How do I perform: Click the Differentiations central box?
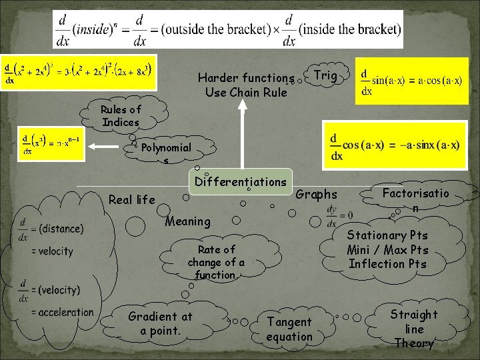(241, 181)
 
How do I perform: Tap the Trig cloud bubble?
(325, 76)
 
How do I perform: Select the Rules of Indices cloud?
(121, 116)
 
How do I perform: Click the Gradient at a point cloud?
(161, 323)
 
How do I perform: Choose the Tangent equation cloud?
(289, 329)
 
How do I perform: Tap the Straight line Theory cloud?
(414, 328)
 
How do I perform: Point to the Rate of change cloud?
(216, 261)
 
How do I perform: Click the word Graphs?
(316, 195)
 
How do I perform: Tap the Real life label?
(131, 199)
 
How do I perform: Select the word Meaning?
(187, 221)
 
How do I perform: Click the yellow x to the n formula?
(51, 144)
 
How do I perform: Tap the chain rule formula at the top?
(228, 30)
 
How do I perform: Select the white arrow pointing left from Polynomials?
(111, 146)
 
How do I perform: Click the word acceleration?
(66, 312)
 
